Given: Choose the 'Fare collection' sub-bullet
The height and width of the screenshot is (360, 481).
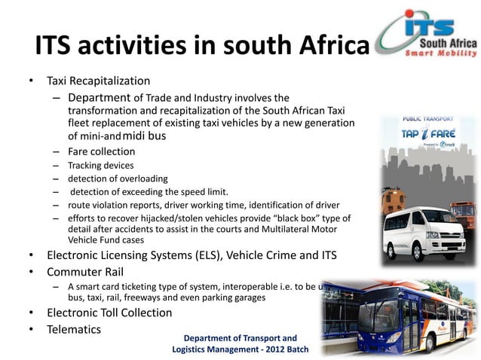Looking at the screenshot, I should [x=102, y=151].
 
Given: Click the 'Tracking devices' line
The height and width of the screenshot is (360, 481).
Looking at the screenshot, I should [x=100, y=165].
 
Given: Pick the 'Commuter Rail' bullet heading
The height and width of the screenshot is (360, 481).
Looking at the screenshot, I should [x=85, y=271].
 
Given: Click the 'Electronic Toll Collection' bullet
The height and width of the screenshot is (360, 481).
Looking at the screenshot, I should [x=117, y=313].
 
